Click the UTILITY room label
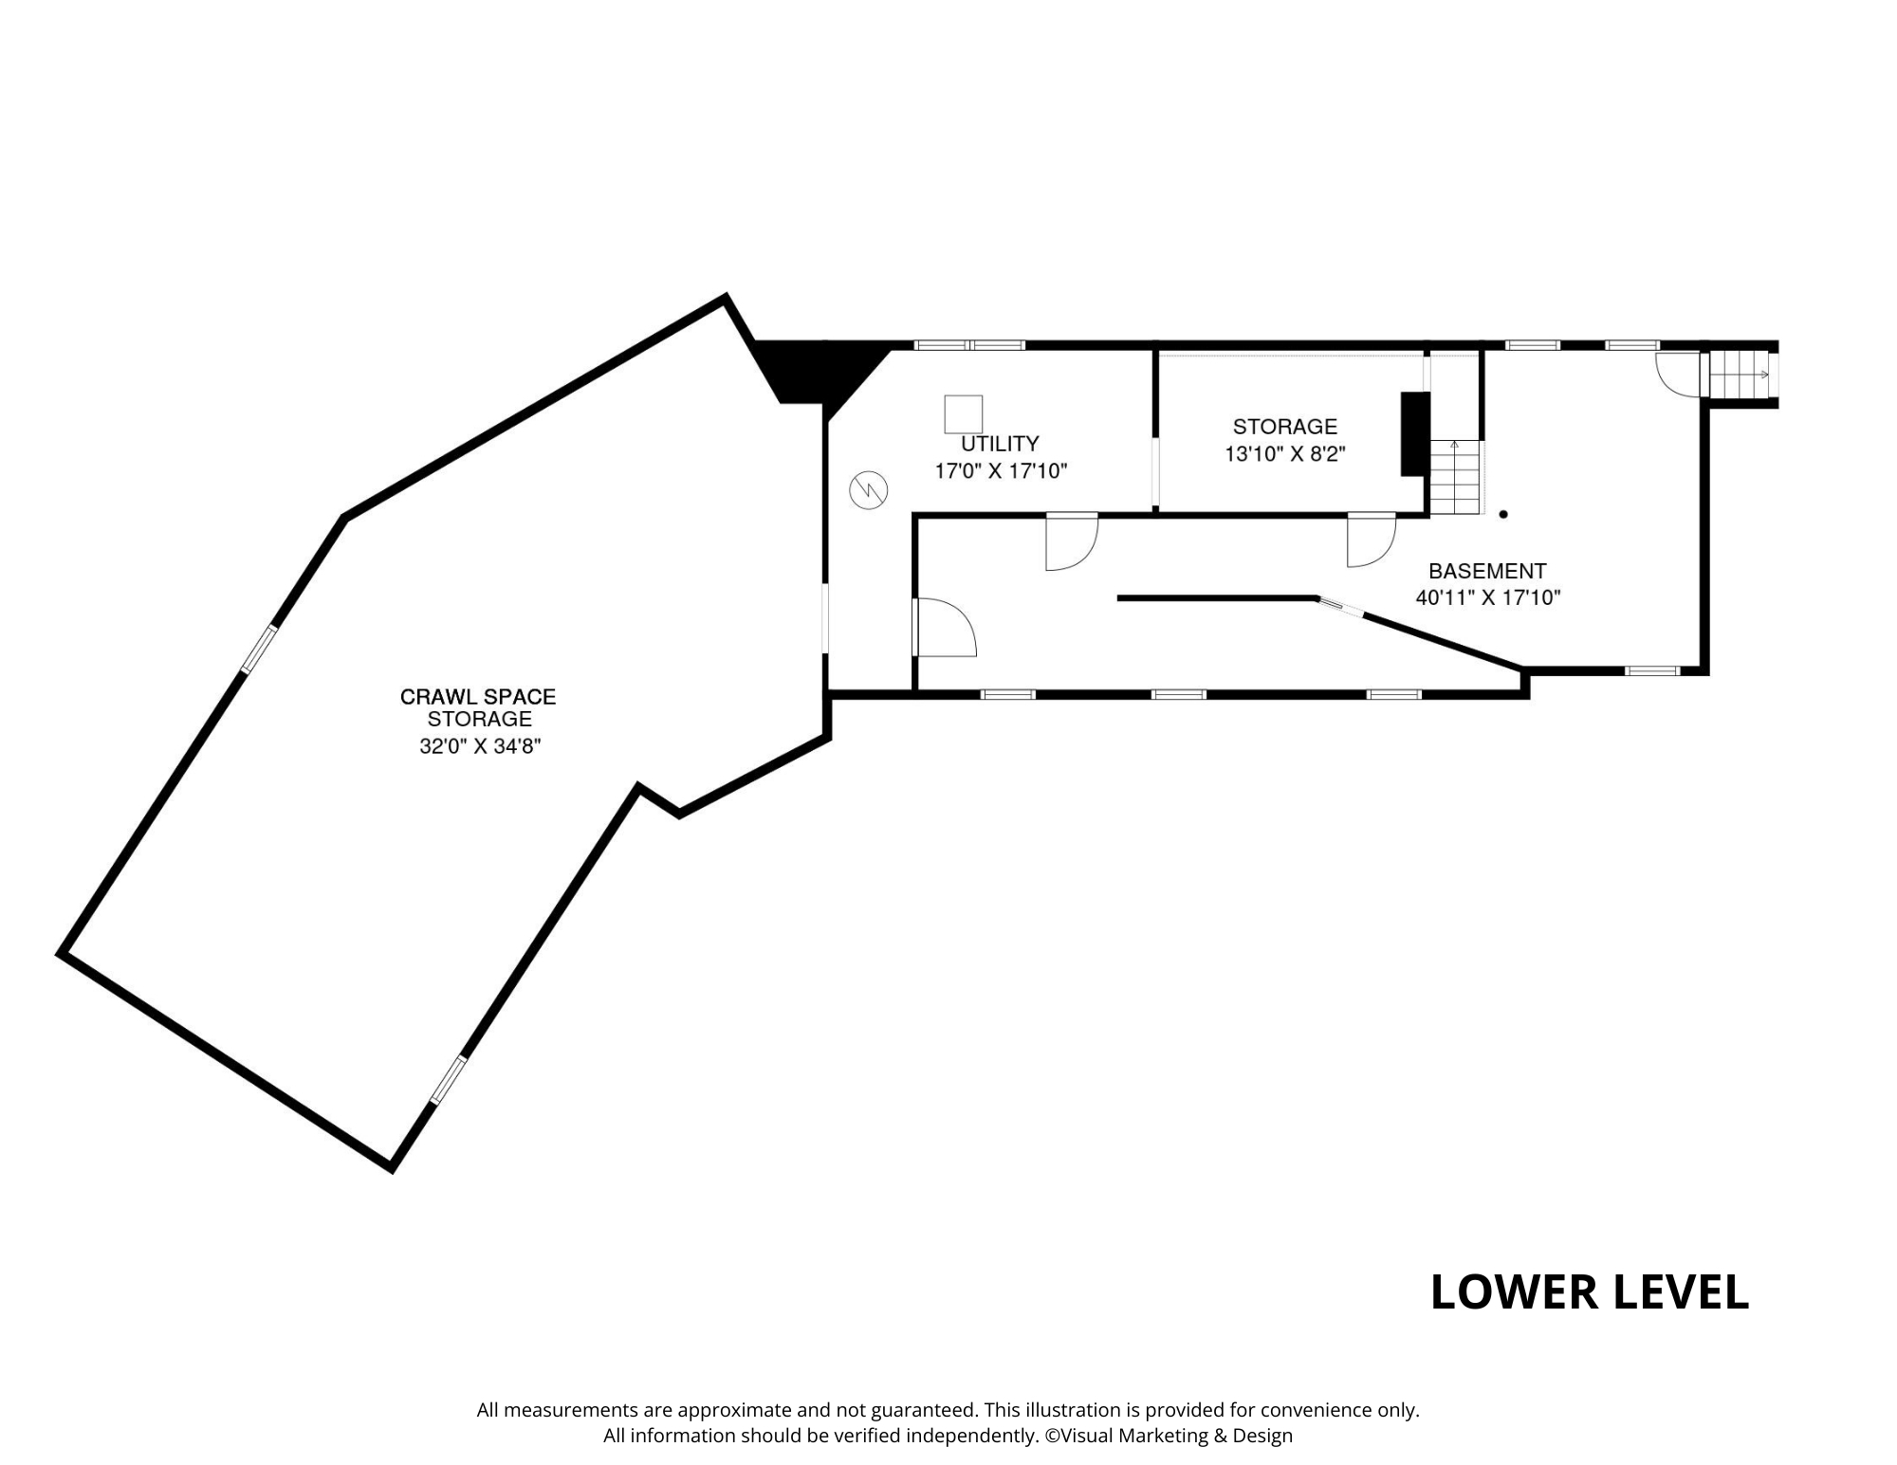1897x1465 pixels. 1000,443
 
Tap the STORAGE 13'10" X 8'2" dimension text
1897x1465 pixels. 1284,454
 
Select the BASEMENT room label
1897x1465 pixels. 1487,571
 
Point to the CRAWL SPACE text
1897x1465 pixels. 478,697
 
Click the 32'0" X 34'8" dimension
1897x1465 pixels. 480,746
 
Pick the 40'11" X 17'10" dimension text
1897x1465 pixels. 1488,597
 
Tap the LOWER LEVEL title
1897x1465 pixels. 1590,1292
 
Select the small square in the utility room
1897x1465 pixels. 963,414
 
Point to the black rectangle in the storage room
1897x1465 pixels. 1415,433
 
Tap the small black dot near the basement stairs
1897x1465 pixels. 1503,515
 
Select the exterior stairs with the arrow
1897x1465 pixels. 1740,375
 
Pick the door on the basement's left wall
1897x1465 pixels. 945,627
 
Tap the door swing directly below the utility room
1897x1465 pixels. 1072,542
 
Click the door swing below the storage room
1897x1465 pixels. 1372,540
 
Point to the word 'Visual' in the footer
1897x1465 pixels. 1087,1436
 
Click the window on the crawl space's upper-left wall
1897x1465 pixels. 259,650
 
